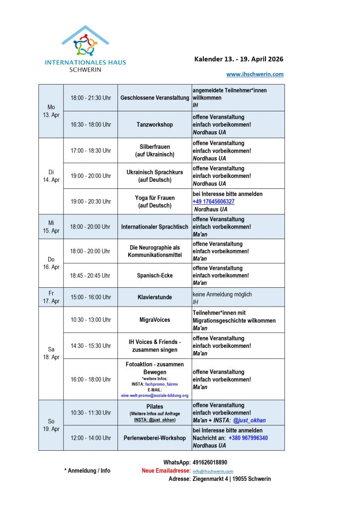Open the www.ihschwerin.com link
point(255,74)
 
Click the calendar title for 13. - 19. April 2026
point(239,59)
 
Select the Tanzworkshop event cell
point(155,125)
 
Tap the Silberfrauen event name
point(155,147)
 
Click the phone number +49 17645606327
point(213,201)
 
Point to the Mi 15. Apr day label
point(51,227)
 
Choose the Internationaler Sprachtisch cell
point(155,227)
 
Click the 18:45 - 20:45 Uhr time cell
point(90,275)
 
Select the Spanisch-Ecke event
point(155,275)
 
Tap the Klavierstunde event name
point(155,297)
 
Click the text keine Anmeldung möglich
point(222,294)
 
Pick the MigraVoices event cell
point(155,320)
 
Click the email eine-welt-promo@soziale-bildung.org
point(155,396)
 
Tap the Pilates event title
point(155,407)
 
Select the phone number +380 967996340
point(248,438)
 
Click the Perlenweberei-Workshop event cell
point(155,438)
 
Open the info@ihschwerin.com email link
point(213,471)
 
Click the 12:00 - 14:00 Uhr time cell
point(90,438)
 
